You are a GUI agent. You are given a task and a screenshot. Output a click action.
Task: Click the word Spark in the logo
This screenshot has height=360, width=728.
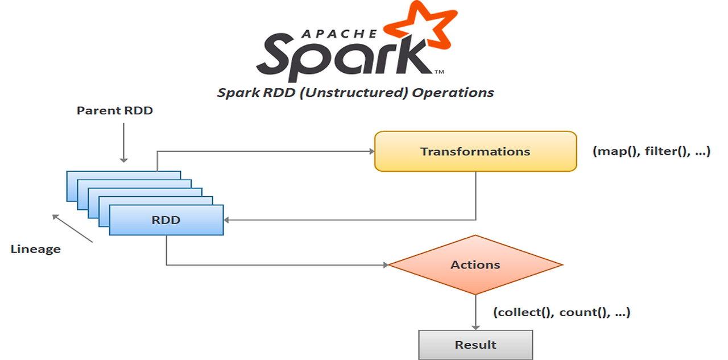click(x=341, y=56)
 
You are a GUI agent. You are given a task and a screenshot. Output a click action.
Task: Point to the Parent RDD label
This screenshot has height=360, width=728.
click(x=114, y=111)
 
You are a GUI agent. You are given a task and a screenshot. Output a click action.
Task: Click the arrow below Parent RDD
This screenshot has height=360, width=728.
click(x=123, y=144)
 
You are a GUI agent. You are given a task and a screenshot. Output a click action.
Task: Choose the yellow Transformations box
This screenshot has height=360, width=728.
click(x=475, y=151)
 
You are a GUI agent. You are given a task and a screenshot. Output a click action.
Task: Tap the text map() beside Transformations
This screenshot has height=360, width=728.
click(x=617, y=152)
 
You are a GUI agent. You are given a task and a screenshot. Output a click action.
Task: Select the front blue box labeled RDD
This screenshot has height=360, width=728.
click(x=166, y=220)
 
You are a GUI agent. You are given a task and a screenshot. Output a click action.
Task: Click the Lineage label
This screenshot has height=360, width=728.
click(x=35, y=249)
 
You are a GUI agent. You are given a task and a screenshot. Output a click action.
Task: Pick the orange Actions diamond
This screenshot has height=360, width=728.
click(x=475, y=264)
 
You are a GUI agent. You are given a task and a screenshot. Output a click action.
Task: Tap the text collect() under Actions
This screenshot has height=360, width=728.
click(x=523, y=312)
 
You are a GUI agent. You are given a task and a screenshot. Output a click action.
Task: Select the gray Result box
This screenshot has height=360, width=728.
click(x=475, y=345)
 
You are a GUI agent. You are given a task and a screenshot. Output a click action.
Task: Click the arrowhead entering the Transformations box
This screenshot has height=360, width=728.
click(x=371, y=151)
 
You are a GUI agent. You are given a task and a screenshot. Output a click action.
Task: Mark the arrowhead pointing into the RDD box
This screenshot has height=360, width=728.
click(x=227, y=220)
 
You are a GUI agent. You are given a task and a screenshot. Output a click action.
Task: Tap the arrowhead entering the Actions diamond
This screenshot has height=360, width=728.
click(x=385, y=264)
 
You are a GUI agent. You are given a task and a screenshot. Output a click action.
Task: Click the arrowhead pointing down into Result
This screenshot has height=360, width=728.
click(x=475, y=326)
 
